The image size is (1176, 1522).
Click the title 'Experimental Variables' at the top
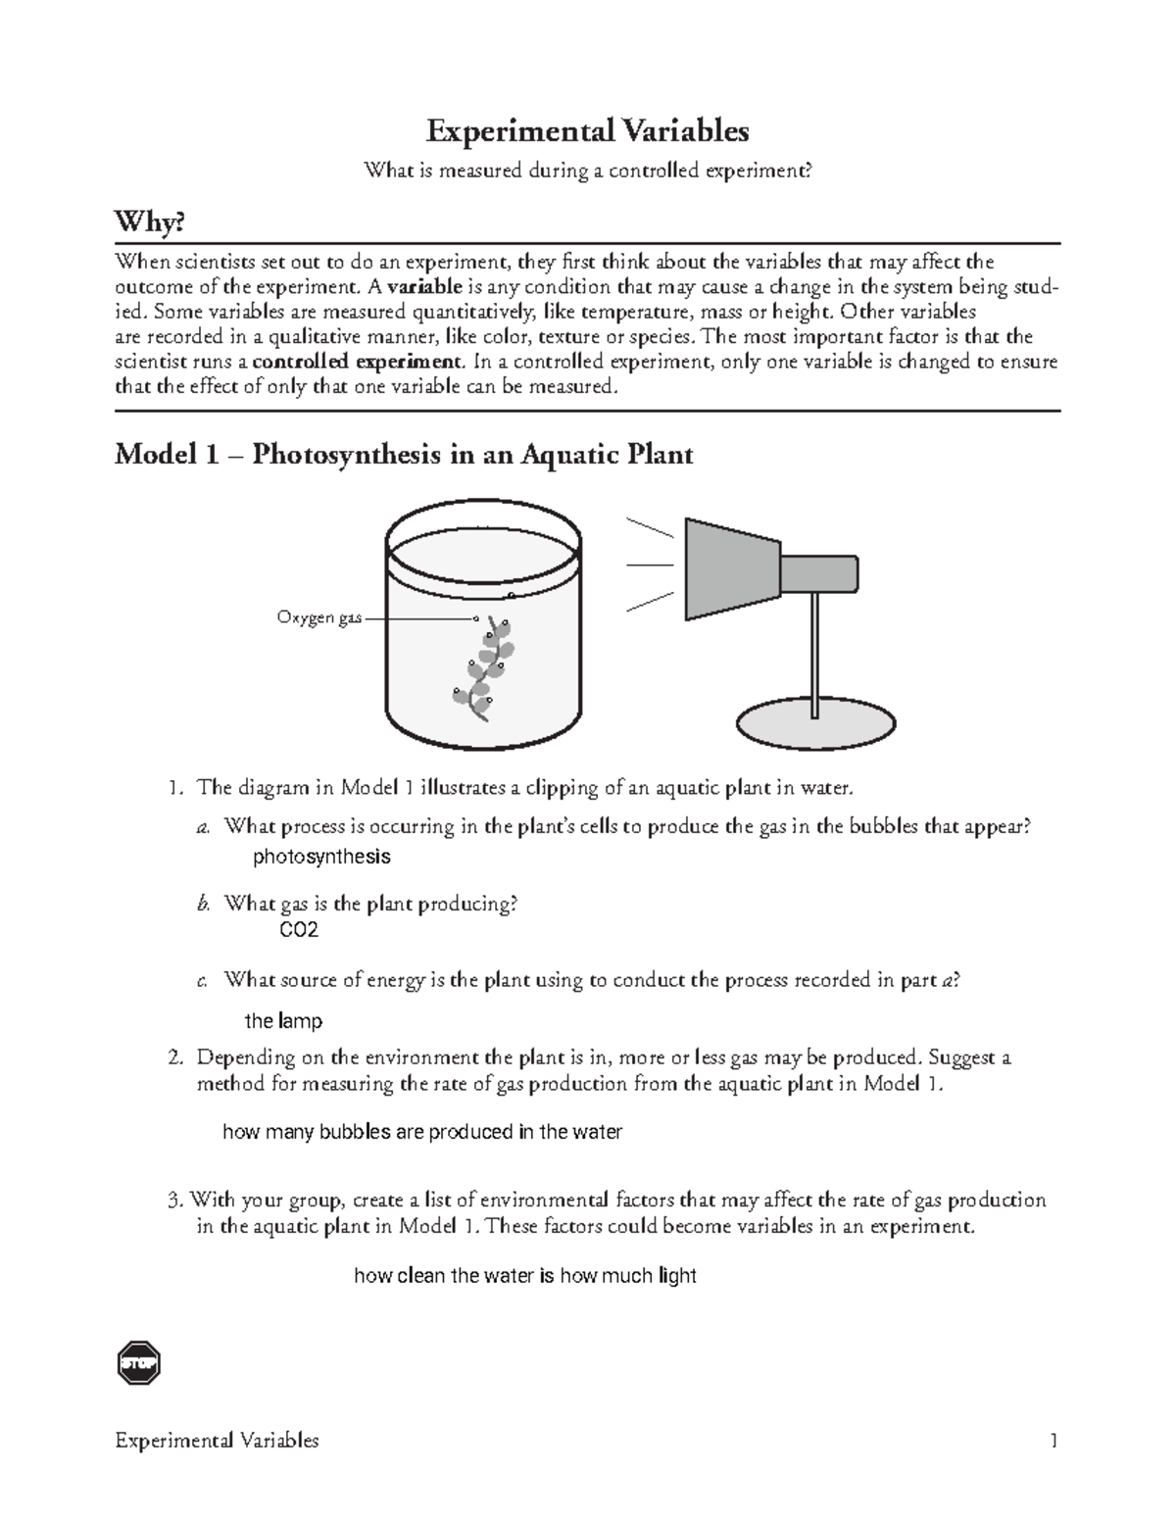587,130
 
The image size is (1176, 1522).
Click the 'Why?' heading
149,223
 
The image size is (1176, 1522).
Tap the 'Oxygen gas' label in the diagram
318,618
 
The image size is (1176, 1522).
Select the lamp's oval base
815,726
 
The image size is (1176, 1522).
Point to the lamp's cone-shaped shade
731,569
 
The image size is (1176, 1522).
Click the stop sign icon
138,1363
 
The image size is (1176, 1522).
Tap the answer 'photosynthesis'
321,857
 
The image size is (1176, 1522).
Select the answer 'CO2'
299,930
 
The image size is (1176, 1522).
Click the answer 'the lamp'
282,1021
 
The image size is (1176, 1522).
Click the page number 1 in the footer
1053,1440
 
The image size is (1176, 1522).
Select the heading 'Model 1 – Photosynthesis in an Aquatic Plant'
404,455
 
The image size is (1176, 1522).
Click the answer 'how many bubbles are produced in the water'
422,1132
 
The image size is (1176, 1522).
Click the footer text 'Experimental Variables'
217,1440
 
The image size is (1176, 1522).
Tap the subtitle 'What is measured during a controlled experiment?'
588,172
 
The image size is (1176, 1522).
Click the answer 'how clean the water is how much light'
524,1275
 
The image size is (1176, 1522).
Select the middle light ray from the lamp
649,565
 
